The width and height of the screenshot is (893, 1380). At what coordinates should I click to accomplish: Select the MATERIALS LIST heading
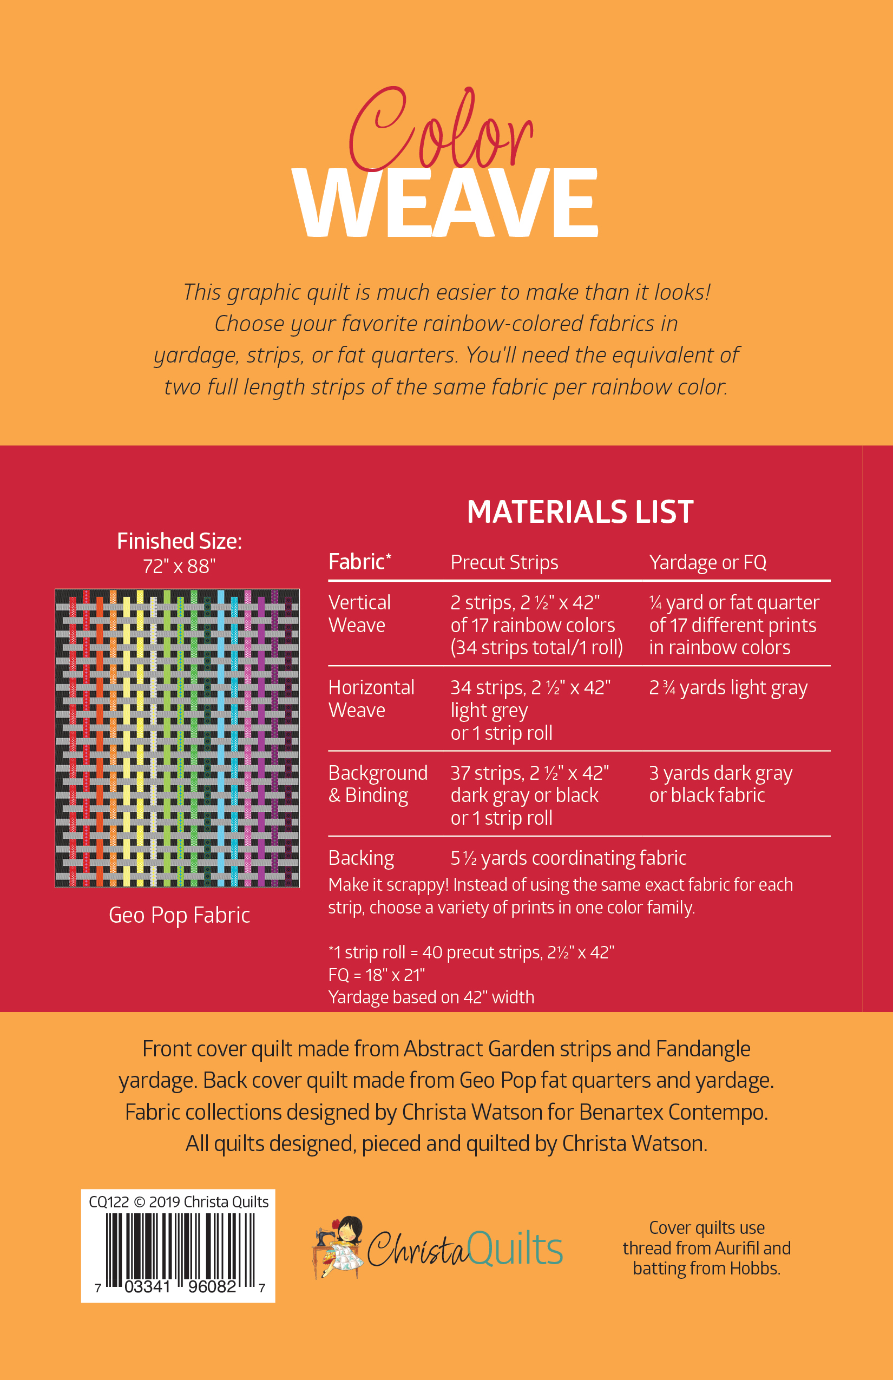579,512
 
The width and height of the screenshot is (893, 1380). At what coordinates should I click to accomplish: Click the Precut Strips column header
504,562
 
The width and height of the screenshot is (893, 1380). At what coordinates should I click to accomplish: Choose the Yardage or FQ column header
707,562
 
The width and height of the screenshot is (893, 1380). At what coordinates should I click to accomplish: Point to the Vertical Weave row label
359,614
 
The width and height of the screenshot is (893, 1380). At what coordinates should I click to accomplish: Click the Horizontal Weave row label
371,699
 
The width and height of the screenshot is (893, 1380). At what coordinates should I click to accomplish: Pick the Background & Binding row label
378,784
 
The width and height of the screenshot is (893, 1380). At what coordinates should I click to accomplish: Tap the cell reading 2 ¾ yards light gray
728,688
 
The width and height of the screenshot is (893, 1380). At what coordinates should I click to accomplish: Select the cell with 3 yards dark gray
720,784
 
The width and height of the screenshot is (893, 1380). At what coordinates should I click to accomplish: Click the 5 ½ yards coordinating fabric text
568,858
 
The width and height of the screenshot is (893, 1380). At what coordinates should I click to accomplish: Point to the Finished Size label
179,541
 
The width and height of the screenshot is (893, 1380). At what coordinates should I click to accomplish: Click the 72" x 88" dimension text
179,567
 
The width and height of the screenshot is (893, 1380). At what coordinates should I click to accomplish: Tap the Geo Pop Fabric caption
179,915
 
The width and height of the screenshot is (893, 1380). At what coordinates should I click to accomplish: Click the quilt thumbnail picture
177,738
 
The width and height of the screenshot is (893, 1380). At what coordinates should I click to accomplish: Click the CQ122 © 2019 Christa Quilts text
179,1202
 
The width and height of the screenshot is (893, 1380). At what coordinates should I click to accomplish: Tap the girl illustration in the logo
339,1247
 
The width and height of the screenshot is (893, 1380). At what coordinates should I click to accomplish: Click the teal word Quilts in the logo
515,1248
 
